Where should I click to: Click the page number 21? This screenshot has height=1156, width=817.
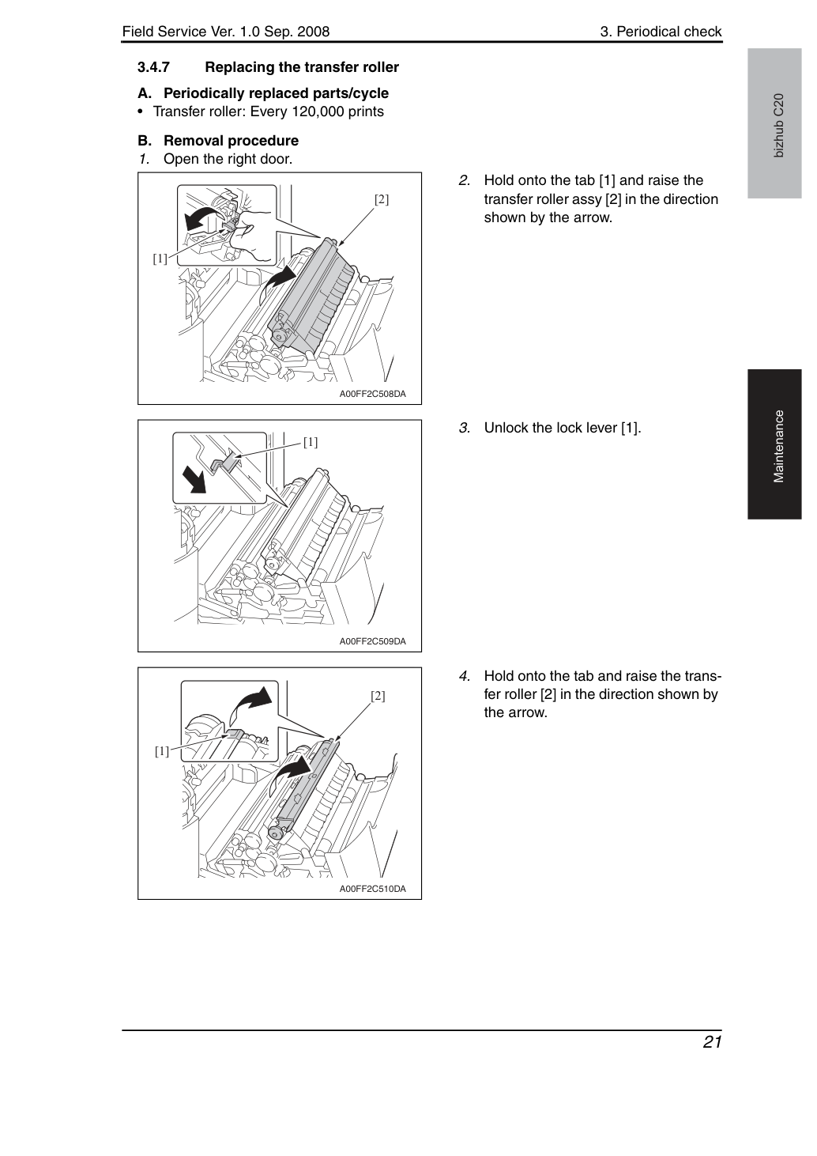712,1042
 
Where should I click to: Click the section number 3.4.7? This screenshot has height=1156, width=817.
154,67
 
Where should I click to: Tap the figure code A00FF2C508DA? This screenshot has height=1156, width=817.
372,394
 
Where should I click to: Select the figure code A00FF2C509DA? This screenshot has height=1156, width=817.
372,641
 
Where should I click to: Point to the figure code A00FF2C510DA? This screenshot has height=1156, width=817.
372,889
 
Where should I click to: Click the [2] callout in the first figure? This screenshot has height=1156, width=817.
382,199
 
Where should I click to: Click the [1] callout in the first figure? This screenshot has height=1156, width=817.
160,258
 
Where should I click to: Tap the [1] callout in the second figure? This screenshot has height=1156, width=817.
311,442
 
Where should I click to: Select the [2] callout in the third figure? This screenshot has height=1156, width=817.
378,696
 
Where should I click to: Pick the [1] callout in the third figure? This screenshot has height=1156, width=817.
162,751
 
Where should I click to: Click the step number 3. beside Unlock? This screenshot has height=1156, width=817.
465,428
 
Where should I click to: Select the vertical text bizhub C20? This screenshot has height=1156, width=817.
778,126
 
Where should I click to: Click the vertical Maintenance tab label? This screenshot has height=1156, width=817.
778,447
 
